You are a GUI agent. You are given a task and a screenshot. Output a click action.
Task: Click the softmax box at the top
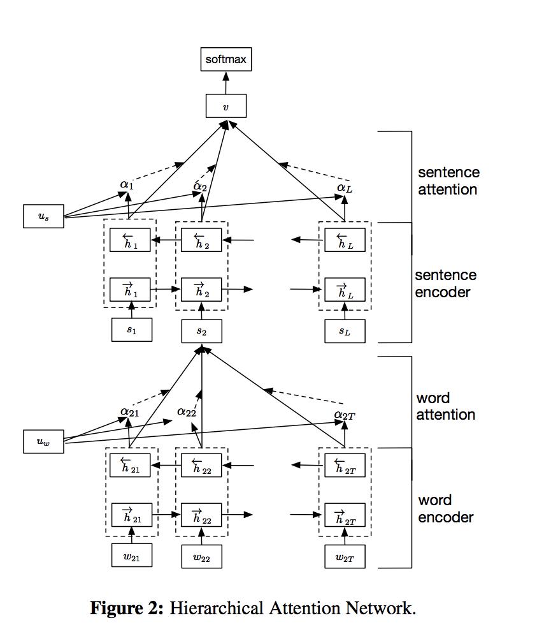click(225, 60)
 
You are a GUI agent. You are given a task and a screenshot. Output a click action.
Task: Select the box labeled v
click(225, 106)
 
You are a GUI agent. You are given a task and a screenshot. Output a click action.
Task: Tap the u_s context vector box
click(43, 216)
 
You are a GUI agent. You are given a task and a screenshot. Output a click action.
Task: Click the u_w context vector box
click(43, 441)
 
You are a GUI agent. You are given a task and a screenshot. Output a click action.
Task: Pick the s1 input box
click(131, 330)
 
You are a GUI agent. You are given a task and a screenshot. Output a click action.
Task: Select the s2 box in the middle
click(202, 330)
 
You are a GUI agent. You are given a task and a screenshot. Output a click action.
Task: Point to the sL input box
click(345, 330)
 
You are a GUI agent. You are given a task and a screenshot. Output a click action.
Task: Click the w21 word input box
click(132, 556)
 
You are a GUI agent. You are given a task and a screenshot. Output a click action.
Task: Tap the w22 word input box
click(202, 557)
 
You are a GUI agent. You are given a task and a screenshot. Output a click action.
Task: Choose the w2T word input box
click(345, 556)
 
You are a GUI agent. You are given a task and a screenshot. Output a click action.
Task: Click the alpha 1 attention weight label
click(127, 185)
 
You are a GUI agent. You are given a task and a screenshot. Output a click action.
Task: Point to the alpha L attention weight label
click(345, 188)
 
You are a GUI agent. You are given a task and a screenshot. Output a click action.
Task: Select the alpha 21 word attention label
click(129, 412)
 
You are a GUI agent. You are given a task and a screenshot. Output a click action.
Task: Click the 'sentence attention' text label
click(448, 181)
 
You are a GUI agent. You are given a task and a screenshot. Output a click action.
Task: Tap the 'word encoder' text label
click(445, 508)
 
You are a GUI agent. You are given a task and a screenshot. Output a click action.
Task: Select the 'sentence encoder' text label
click(445, 283)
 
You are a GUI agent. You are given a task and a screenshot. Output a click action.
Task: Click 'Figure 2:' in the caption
click(127, 608)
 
